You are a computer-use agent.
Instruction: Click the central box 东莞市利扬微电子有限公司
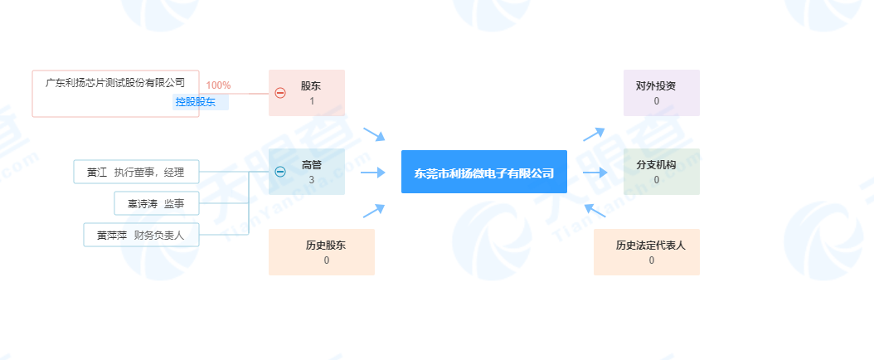pyautogui.click(x=483, y=172)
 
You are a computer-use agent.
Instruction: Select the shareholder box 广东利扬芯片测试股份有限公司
pyautogui.click(x=115, y=94)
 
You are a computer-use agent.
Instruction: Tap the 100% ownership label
pyautogui.click(x=219, y=85)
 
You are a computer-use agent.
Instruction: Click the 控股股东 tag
pyautogui.click(x=196, y=102)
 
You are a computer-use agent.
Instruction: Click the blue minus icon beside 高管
pyautogui.click(x=280, y=172)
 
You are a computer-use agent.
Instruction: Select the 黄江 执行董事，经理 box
pyautogui.click(x=136, y=172)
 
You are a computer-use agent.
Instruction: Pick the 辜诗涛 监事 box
pyautogui.click(x=157, y=203)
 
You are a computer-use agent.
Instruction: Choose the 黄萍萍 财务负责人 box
pyautogui.click(x=141, y=235)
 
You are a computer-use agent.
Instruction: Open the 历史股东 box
pyautogui.click(x=322, y=252)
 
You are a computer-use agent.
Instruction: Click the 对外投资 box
pyautogui.click(x=662, y=93)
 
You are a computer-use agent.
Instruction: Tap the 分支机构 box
pyautogui.click(x=662, y=172)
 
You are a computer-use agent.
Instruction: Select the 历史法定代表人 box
pyautogui.click(x=647, y=252)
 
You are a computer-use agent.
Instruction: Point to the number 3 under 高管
pyautogui.click(x=311, y=180)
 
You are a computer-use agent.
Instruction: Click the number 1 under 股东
pyautogui.click(x=312, y=101)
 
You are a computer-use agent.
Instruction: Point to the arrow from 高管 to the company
pyautogui.click(x=373, y=173)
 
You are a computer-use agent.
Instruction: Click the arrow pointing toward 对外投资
pyautogui.click(x=595, y=134)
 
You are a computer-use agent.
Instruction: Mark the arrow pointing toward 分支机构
pyautogui.click(x=595, y=173)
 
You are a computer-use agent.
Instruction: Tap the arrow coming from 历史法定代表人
pyautogui.click(x=595, y=210)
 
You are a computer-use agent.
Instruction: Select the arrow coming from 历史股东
pyautogui.click(x=374, y=211)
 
